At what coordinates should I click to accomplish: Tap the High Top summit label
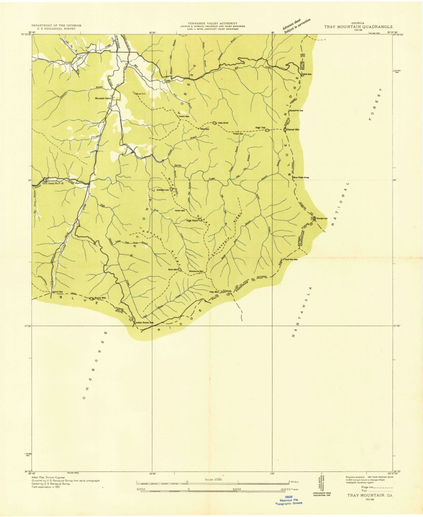[x=260, y=128]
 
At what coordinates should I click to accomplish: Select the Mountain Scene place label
[x=103, y=98]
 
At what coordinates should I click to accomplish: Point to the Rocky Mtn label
[x=100, y=298]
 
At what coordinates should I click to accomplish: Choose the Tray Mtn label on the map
[x=213, y=292]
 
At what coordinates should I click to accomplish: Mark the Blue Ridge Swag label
[x=301, y=177]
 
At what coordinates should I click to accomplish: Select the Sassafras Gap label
[x=296, y=110]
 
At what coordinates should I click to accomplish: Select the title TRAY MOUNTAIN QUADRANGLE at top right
[x=358, y=26]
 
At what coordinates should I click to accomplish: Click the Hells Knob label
[x=223, y=122]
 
